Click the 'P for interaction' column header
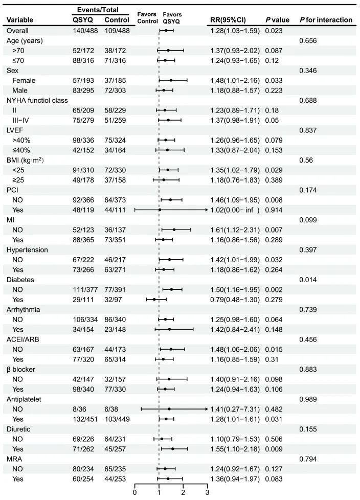point(326,20)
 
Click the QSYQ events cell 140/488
point(85,31)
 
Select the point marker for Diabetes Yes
point(154,299)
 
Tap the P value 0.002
point(274,289)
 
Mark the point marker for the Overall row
point(166,31)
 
